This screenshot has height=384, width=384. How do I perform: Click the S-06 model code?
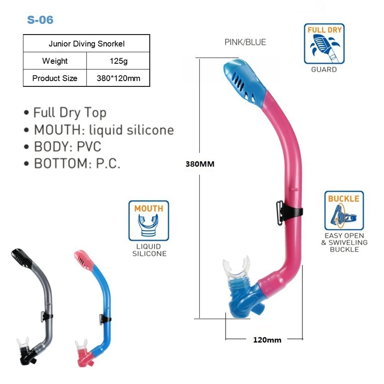click(x=40, y=20)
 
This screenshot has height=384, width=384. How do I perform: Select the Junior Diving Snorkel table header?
click(x=86, y=44)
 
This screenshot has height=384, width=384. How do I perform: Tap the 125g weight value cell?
click(x=118, y=61)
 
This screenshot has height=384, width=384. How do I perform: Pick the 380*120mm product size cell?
click(x=118, y=78)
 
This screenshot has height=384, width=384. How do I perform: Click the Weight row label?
click(x=55, y=61)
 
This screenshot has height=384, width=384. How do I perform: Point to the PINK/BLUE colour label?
click(x=245, y=42)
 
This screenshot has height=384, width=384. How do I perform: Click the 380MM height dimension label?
click(x=200, y=164)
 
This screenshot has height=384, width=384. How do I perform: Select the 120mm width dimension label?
click(x=267, y=340)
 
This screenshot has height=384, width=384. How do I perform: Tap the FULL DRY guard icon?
click(x=324, y=44)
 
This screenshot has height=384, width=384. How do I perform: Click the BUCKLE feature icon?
click(x=344, y=211)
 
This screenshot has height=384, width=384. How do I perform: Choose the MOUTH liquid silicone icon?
click(x=149, y=221)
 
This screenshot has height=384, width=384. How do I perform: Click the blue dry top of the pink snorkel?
click(x=245, y=82)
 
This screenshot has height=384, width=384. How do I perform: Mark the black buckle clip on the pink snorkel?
click(x=289, y=213)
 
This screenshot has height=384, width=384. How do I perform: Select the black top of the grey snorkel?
click(x=22, y=258)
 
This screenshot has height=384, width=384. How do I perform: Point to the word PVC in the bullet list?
click(x=89, y=146)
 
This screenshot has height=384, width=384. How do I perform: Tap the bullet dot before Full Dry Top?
click(x=26, y=113)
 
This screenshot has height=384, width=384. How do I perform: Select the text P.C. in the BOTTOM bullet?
click(x=108, y=163)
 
